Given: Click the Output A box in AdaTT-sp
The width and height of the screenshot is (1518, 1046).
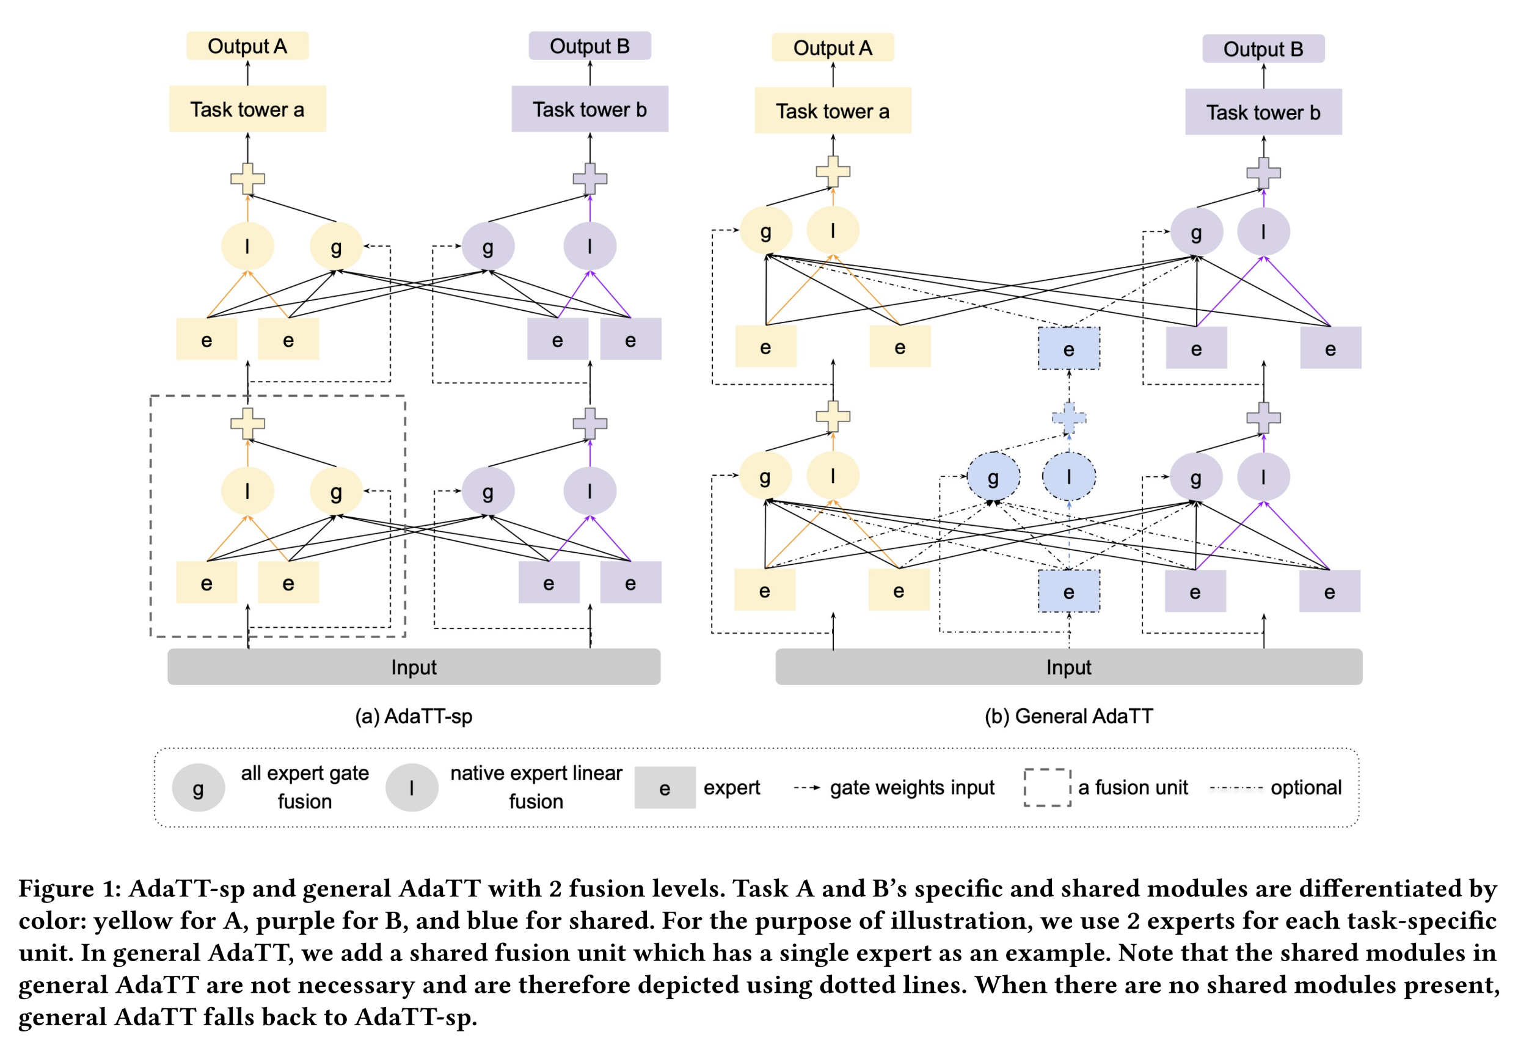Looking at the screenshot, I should click(247, 46).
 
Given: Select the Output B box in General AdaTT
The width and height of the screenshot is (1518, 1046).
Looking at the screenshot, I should click(1262, 49).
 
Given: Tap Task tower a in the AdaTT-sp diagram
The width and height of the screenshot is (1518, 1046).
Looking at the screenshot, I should click(247, 109).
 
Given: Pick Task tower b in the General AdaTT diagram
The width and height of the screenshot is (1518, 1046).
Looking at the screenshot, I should click(1262, 112).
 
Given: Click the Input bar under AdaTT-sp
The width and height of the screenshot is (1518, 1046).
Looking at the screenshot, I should click(413, 667).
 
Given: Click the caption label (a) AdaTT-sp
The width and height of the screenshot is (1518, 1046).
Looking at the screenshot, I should click(413, 716).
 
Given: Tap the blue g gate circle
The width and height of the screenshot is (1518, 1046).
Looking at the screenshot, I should click(993, 476).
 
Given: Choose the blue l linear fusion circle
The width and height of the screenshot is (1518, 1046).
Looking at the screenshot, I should click(1068, 476).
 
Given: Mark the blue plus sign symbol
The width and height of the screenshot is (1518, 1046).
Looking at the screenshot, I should click(1068, 418).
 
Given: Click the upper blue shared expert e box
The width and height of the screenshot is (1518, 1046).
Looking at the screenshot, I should click(1068, 349).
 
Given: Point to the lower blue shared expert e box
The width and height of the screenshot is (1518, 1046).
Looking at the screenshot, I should click(1068, 591).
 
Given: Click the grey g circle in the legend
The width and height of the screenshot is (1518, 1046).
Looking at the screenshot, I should click(198, 787).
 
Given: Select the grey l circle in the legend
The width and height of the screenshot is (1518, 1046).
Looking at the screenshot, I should click(411, 787).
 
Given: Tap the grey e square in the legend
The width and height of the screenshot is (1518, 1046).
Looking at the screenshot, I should click(664, 787).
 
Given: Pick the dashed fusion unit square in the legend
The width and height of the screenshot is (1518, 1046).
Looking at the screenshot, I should click(1046, 787).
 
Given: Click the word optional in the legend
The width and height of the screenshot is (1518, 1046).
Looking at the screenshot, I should click(1305, 787).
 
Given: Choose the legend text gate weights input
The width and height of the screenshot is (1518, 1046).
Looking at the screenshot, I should click(911, 787).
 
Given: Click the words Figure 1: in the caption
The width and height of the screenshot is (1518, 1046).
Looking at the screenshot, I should click(70, 888).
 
